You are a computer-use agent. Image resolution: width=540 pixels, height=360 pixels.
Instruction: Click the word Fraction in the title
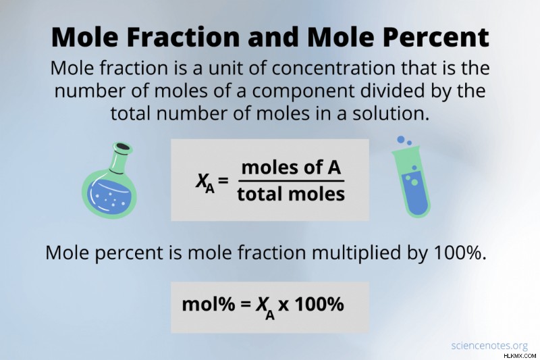(x=183, y=36)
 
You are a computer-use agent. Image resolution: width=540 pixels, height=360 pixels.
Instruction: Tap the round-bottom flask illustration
(x=109, y=180)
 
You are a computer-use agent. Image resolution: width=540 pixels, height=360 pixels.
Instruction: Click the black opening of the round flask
(x=124, y=147)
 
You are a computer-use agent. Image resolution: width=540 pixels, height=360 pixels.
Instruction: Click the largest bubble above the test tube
(x=400, y=140)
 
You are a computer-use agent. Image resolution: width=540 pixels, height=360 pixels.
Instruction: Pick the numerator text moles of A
(x=291, y=168)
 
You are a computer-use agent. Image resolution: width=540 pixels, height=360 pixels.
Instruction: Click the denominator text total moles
(x=291, y=194)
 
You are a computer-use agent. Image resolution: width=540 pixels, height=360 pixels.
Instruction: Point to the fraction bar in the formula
(x=291, y=180)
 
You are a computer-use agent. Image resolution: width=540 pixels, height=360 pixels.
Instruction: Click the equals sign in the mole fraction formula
(x=223, y=180)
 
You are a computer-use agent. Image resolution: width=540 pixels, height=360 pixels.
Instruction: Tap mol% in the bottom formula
(x=209, y=304)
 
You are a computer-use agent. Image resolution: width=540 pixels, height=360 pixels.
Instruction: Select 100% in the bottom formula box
(x=319, y=304)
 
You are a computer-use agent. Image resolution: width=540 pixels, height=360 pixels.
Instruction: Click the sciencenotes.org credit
(x=489, y=346)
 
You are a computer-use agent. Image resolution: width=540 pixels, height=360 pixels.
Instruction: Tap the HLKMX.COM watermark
(x=520, y=355)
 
